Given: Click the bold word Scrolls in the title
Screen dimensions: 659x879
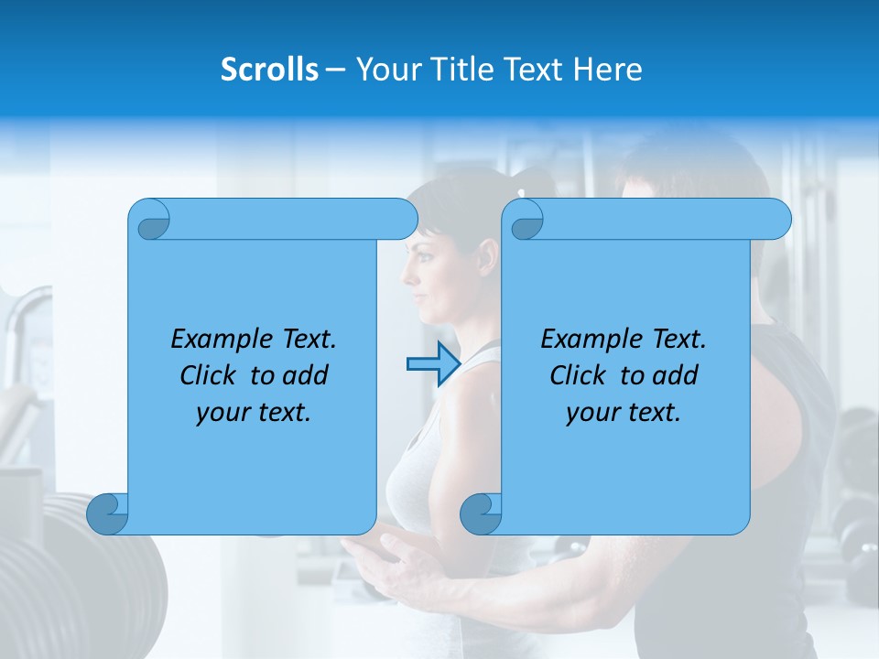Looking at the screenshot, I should point(270,70).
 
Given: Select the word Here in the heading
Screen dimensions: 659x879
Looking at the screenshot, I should point(607,70).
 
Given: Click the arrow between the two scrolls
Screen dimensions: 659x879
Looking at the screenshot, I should point(433,364).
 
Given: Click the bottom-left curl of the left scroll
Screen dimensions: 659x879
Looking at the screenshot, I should point(108,513).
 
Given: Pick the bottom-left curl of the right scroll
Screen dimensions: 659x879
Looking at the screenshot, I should point(482,513).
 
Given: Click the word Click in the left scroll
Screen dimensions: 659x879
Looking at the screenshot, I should point(210,375).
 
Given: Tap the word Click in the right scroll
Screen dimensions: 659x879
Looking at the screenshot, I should point(580,375).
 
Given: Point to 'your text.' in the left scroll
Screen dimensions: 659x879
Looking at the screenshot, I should point(254,413).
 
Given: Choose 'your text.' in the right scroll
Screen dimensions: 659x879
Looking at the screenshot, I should point(624,413).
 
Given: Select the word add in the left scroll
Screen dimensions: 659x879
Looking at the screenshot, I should point(306,375).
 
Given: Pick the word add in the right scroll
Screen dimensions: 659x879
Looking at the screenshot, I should point(676,375).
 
